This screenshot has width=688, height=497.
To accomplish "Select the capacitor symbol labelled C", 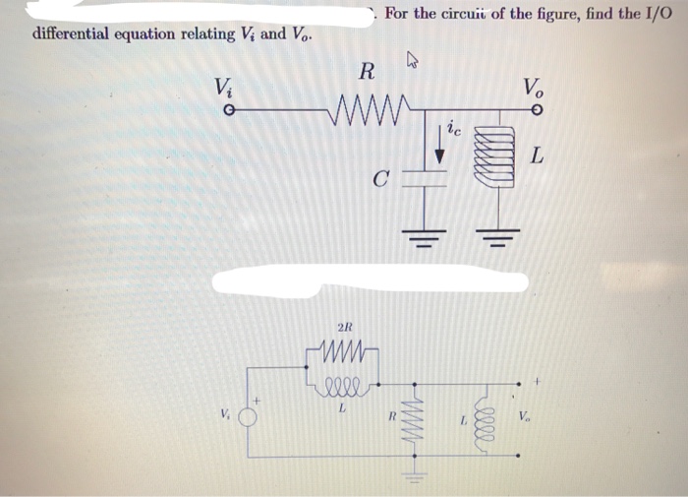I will pos(424,181).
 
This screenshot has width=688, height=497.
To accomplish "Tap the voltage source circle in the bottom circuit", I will pos(252,414).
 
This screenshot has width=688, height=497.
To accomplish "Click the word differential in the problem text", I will pos(75,33).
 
